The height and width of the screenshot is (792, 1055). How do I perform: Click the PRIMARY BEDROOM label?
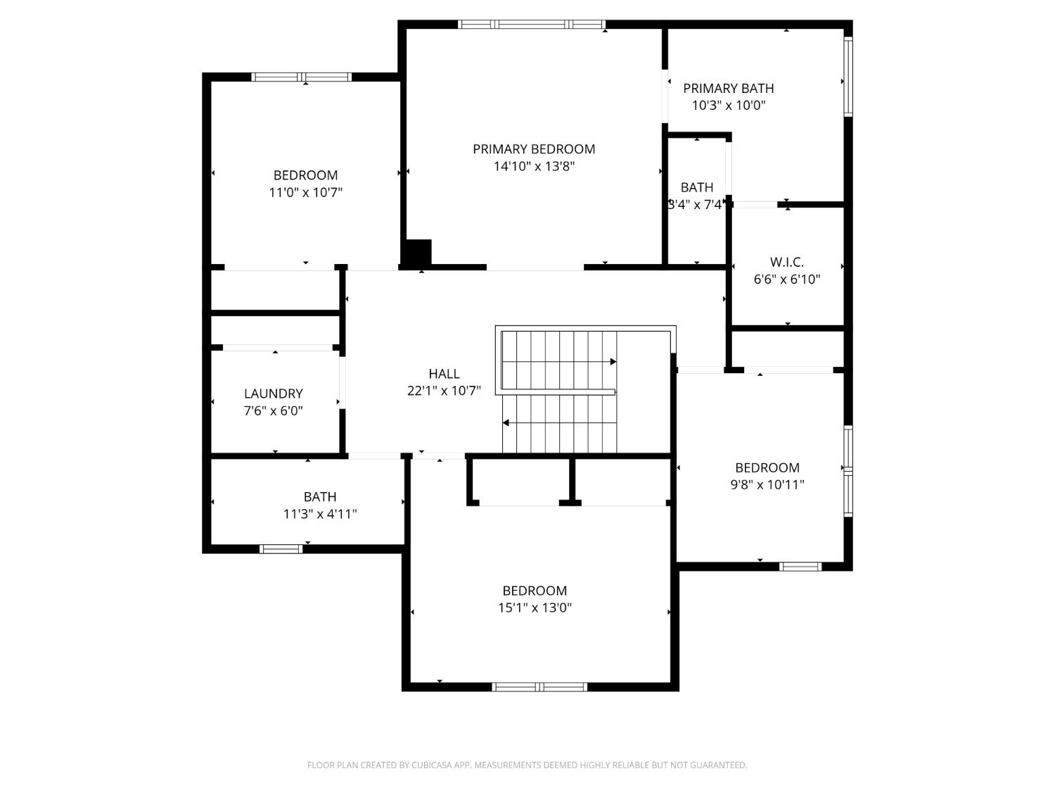point(534,149)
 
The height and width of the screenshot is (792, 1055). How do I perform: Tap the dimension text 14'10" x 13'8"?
point(534,167)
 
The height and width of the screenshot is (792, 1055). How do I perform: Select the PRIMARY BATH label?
point(728,89)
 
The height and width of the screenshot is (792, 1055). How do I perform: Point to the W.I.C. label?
point(786,263)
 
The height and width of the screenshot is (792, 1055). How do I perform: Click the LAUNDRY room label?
point(273,394)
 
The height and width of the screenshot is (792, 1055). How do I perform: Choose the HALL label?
point(444,374)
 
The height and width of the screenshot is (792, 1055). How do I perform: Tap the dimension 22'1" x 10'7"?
point(444,391)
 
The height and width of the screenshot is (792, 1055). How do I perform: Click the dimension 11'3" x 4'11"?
point(320,514)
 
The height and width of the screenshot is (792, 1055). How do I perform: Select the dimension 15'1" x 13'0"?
point(535,608)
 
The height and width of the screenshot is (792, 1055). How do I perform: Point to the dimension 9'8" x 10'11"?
point(767,484)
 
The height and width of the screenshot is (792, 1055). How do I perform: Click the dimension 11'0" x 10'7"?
point(305,192)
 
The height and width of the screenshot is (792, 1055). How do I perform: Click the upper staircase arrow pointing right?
point(613,362)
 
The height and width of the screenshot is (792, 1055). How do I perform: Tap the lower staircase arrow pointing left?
point(506,423)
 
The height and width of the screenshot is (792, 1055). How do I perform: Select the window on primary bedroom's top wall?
point(532,25)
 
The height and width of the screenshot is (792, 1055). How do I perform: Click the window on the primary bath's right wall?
point(848,76)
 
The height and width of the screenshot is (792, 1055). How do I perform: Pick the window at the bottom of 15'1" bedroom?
point(539,687)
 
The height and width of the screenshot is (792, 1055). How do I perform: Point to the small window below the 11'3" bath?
point(281,549)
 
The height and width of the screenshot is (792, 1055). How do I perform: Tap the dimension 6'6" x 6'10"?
point(786,279)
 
